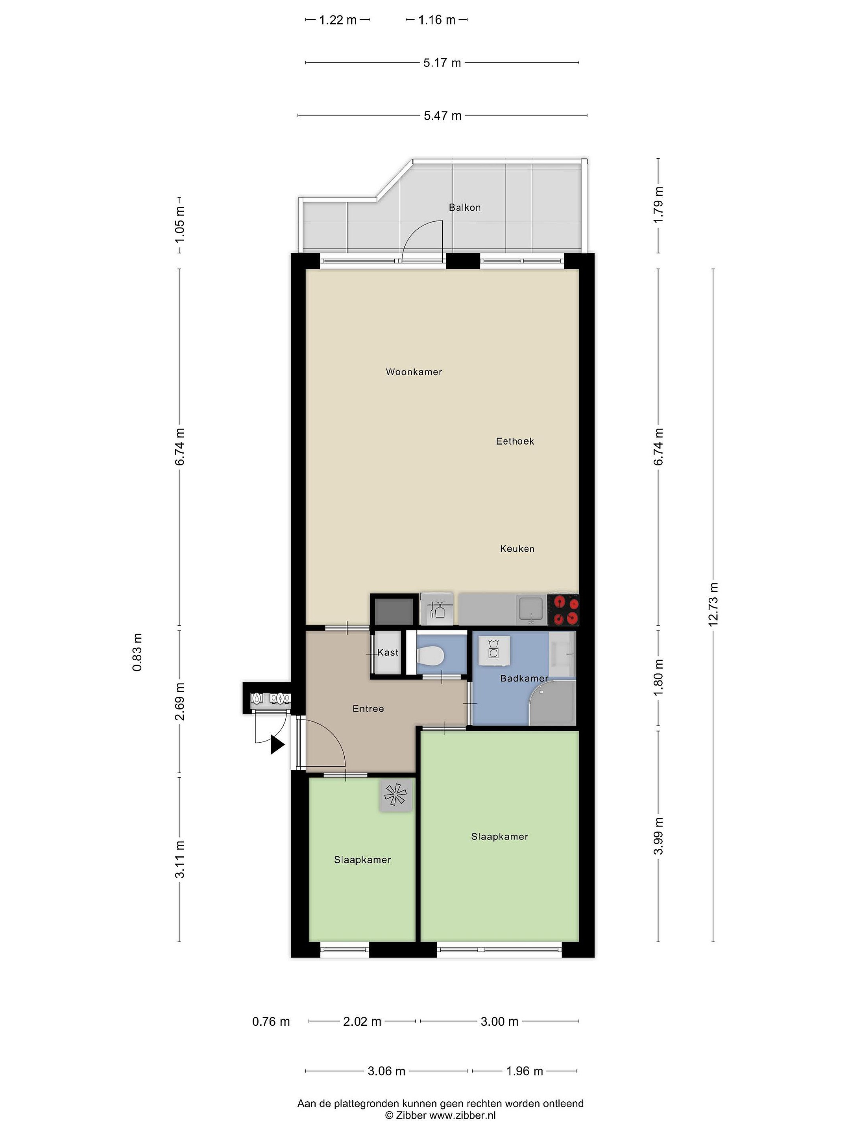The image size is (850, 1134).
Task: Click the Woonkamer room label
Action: click(414, 372)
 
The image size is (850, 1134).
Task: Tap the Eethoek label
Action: click(514, 441)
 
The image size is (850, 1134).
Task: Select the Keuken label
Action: click(517, 549)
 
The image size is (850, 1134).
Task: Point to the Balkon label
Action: click(465, 208)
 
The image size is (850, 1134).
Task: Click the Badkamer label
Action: click(524, 678)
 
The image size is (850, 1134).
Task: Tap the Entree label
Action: click(368, 709)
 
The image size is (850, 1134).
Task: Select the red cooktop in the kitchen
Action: click(563, 610)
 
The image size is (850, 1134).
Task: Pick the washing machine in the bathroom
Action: click(494, 650)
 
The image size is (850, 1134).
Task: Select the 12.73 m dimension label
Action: click(713, 604)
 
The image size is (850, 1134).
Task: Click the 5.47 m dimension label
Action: click(443, 116)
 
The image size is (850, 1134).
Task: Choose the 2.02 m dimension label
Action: click(362, 1021)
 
